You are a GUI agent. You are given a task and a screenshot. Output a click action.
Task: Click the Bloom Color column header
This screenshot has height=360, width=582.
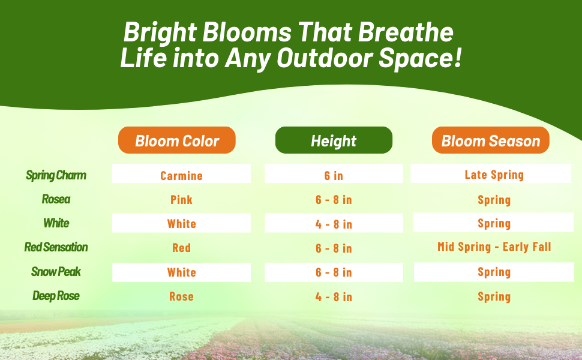[177, 141]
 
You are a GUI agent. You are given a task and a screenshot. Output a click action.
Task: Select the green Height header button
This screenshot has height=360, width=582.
[334, 141]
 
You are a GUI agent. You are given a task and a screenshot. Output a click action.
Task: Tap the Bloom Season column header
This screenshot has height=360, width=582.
[491, 141]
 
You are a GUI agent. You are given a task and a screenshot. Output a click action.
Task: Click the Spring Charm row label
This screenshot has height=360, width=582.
[56, 175]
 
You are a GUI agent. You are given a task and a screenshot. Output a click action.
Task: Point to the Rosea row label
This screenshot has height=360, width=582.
[56, 199]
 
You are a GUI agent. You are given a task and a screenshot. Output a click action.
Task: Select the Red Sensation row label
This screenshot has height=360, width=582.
[56, 247]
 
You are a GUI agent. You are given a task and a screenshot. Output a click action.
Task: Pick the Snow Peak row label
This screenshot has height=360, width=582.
[56, 272]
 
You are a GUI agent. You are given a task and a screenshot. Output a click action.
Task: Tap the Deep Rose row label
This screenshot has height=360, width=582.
[56, 296]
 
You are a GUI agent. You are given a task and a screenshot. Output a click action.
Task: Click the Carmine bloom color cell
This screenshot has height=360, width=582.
[181, 175]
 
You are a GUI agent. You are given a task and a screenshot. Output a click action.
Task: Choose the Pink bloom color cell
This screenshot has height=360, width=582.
[181, 200]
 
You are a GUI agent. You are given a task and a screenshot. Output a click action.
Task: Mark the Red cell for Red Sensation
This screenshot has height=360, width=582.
[181, 248]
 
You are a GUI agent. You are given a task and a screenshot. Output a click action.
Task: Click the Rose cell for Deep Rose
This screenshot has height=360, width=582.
[181, 296]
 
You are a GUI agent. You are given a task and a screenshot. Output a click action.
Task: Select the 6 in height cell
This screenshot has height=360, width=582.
[334, 175]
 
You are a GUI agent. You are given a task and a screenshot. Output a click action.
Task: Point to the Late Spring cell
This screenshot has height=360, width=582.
[494, 175]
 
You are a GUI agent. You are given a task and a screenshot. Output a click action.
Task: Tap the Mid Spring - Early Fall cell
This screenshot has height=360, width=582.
[494, 247]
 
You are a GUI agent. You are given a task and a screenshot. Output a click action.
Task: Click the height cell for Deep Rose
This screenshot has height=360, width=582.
[334, 296]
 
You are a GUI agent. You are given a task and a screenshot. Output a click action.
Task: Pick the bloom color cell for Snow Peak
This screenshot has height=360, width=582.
[181, 272]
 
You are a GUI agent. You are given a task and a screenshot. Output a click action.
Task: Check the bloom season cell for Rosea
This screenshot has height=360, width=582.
[494, 200]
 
